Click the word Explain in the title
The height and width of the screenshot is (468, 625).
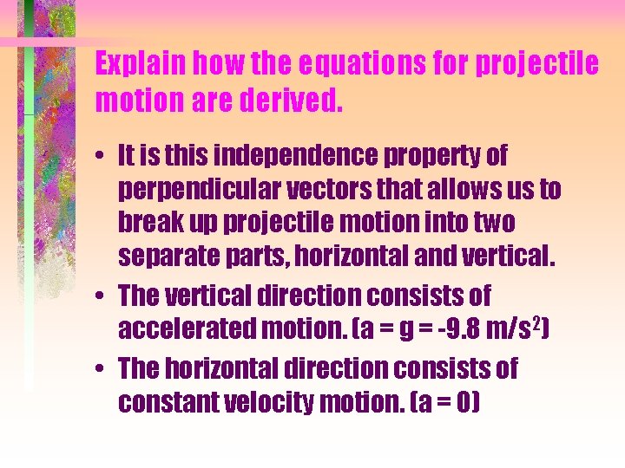pos(141,65)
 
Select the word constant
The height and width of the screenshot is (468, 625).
pos(165,403)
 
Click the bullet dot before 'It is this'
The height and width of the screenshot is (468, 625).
pos(103,158)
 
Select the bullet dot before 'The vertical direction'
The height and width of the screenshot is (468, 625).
pos(103,296)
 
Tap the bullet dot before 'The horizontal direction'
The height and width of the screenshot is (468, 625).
pos(103,369)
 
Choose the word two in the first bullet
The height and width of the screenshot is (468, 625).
pos(492,224)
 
